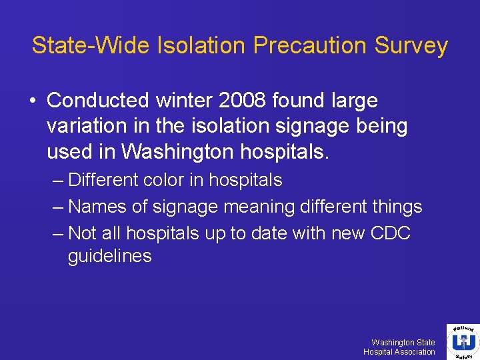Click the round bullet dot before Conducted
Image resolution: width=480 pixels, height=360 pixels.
click(x=32, y=101)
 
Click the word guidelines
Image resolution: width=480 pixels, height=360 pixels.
click(x=110, y=256)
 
